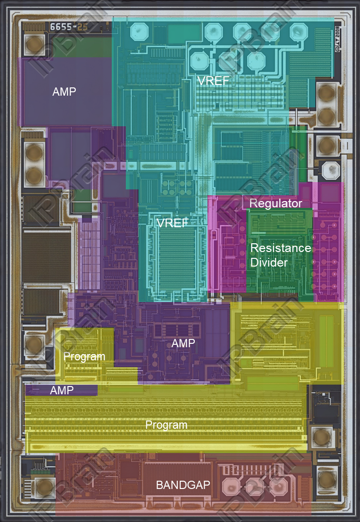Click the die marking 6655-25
tap(69, 27)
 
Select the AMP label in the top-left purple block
tap(64, 91)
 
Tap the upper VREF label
tap(213, 81)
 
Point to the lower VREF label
tap(172, 223)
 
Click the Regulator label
tap(275, 203)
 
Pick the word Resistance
tap(280, 248)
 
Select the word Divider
tap(269, 263)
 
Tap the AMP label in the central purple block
tap(183, 343)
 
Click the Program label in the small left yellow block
tap(84, 356)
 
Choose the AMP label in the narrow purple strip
tap(61, 390)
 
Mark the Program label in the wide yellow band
tap(166, 425)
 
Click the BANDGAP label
tap(183, 485)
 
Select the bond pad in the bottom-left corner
tap(45, 487)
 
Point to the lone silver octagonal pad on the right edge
tap(332, 169)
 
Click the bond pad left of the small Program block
tap(34, 344)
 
